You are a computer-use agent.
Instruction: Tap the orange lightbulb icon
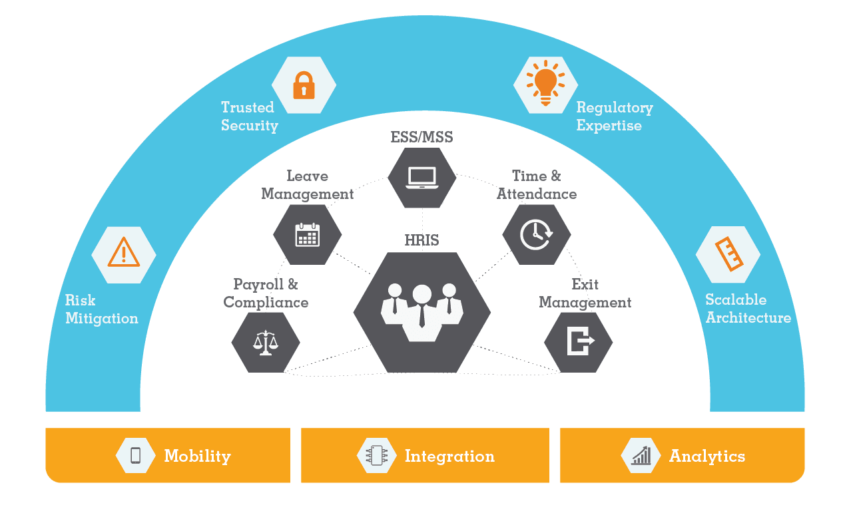(545, 83)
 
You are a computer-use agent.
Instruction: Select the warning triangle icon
(124, 252)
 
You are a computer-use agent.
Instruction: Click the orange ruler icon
(729, 254)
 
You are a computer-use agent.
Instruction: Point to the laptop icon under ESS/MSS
(422, 178)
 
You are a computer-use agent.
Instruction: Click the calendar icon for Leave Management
(308, 235)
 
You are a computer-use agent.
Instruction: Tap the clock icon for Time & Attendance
(536, 234)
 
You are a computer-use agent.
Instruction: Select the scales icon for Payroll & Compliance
(265, 343)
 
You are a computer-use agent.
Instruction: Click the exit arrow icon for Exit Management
(581, 341)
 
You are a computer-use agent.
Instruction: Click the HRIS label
(422, 240)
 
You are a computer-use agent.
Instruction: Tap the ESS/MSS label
(422, 137)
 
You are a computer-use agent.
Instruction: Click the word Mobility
(198, 456)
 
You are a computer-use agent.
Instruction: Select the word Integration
(450, 456)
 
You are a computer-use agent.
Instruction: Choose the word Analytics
(707, 456)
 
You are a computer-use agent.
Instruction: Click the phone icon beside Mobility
(135, 455)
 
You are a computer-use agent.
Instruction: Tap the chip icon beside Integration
(377, 455)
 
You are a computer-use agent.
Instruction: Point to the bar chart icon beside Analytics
(641, 455)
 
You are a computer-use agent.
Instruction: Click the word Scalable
(736, 299)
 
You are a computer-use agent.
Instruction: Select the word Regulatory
(615, 108)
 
